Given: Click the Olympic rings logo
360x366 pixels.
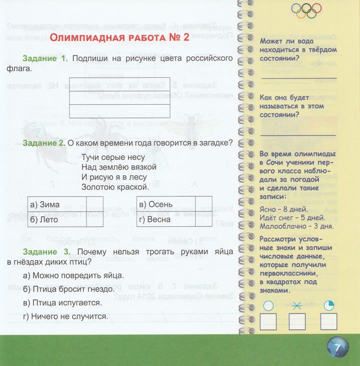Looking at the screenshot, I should [306, 10].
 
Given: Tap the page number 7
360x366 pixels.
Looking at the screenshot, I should [338, 347].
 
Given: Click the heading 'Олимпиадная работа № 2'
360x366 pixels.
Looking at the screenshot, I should [119, 38].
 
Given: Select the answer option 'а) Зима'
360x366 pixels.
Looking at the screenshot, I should [45, 204].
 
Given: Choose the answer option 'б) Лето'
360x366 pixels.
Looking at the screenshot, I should [44, 219].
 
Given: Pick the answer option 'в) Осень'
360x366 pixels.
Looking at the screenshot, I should [156, 204].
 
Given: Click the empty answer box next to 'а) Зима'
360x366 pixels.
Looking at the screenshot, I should [94, 204].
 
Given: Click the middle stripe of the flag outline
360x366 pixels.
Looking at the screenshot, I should [119, 98].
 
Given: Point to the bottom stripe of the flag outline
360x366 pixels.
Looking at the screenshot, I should [119, 111].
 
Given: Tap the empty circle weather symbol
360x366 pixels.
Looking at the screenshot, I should [268, 305].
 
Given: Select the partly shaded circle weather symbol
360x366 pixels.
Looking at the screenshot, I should [328, 305].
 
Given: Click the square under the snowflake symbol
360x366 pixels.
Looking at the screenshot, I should [297, 321].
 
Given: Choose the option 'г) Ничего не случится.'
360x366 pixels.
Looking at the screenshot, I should [65, 316].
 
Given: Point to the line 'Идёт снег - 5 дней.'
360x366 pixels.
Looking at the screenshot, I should [292, 217].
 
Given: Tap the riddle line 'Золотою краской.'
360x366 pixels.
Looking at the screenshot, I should [115, 187].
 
